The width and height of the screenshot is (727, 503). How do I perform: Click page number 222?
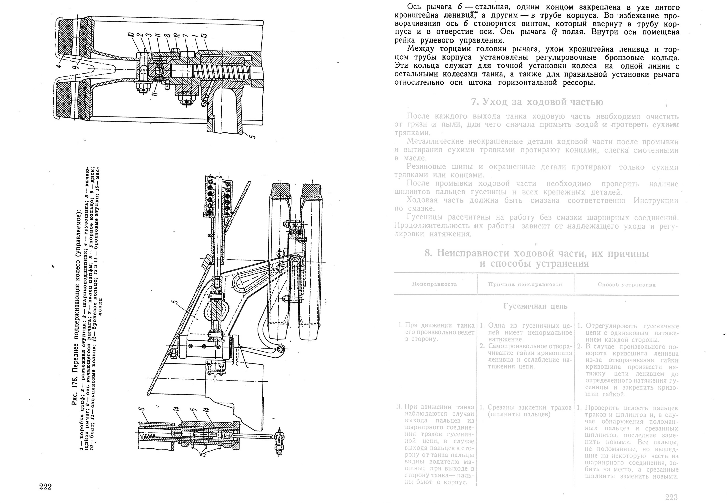(x=45, y=487)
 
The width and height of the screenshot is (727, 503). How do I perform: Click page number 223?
(x=671, y=497)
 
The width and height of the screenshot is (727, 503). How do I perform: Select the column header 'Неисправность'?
(x=434, y=284)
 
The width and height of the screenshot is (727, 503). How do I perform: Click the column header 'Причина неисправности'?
(x=525, y=284)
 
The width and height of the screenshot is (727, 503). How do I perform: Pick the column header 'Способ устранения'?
(x=626, y=285)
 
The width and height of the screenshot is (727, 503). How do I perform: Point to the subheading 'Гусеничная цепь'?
(x=535, y=306)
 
